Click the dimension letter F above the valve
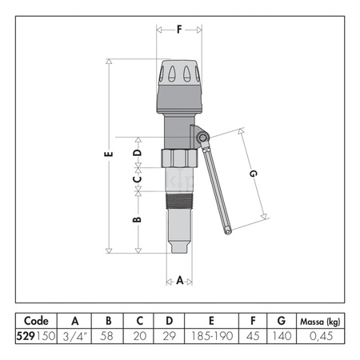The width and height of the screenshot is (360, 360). pyautogui.click(x=179, y=30)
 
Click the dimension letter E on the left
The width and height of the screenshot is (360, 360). pyautogui.click(x=109, y=154)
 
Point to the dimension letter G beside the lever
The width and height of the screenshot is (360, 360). pyautogui.click(x=253, y=174)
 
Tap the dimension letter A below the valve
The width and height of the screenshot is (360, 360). pyautogui.click(x=180, y=281)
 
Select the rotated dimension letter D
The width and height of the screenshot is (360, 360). pyautogui.click(x=138, y=152)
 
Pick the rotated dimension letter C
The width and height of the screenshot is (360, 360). pyautogui.click(x=138, y=179)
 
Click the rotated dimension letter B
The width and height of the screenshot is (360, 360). pyautogui.click(x=137, y=219)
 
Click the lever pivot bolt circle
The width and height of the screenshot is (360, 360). pyautogui.click(x=202, y=138)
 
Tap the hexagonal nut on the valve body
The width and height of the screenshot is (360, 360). pyautogui.click(x=179, y=158)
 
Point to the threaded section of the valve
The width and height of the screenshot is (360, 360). pyautogui.click(x=179, y=201)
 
